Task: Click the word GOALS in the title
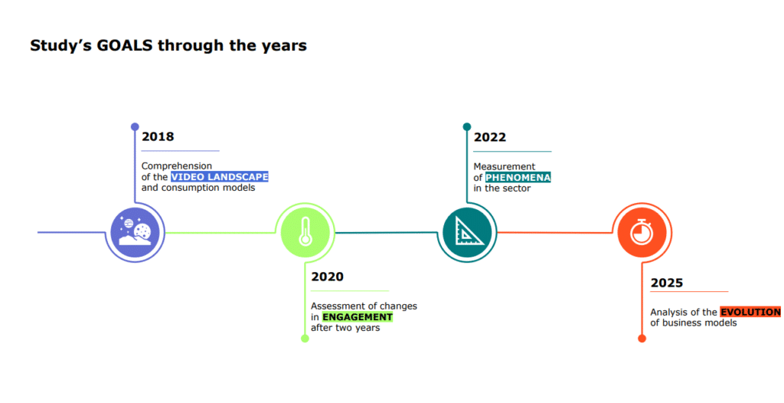pos(125,45)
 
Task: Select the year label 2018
pos(158,136)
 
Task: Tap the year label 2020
pos(327,277)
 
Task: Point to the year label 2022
pos(489,137)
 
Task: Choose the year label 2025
pos(667,283)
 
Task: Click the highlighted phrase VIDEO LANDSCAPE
pos(220,177)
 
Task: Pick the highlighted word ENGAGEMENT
pos(357,317)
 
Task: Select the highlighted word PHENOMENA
pos(518,178)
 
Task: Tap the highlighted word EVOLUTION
pos(750,312)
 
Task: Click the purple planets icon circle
pos(135,233)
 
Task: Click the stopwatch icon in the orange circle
pos(641,232)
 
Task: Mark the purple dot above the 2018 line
pos(135,126)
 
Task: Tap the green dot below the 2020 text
pos(305,339)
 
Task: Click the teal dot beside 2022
pos(467,126)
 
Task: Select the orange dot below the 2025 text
pos(642,339)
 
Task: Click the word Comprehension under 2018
pos(177,165)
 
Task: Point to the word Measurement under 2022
pos(505,166)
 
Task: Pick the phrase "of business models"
pos(694,323)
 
